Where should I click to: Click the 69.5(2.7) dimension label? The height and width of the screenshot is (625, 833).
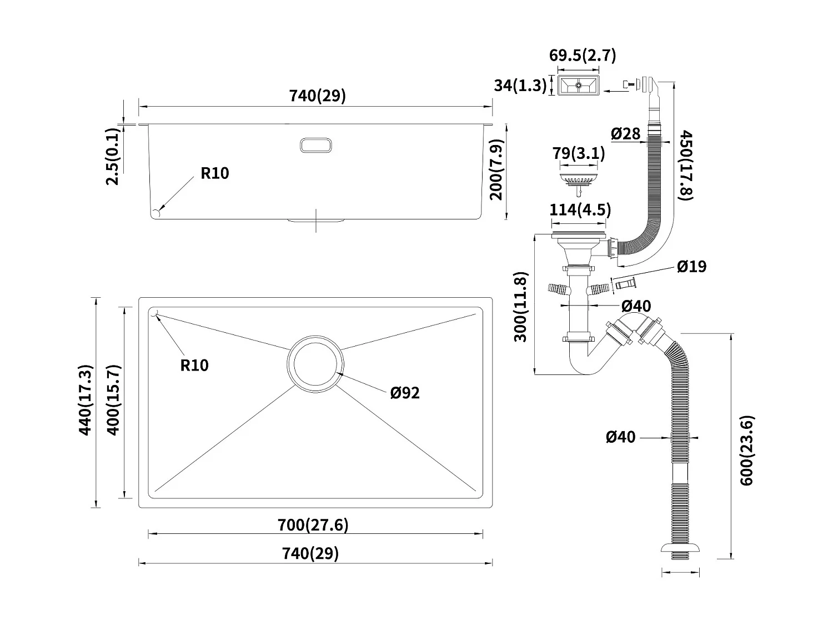tap(582, 56)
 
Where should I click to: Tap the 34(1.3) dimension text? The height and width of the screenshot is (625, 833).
tap(520, 86)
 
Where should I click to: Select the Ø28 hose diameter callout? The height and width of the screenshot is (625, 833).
tap(626, 133)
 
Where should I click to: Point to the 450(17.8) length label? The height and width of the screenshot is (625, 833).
tap(685, 166)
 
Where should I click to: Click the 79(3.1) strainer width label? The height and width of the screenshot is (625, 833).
tap(578, 153)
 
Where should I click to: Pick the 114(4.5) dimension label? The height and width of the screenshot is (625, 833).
tap(580, 209)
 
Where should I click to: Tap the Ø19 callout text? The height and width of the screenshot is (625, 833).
tap(691, 267)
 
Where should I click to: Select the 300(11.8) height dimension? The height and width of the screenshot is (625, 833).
tap(520, 307)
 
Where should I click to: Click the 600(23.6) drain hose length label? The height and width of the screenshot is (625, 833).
tap(747, 451)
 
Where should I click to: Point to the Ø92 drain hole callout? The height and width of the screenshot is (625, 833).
tap(405, 393)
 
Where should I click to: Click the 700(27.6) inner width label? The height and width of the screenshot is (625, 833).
tap(313, 525)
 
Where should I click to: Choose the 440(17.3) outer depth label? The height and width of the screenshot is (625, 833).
tap(85, 400)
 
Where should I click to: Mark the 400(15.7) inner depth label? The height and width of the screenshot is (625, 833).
tap(113, 400)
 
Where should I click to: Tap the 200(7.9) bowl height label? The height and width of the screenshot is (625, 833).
tap(496, 169)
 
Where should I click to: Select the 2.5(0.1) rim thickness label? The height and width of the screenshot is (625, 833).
tap(112, 156)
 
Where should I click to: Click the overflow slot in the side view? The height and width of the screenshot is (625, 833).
tap(316, 146)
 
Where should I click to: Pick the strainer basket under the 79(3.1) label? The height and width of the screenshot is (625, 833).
tap(579, 182)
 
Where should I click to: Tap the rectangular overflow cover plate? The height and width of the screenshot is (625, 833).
tap(578, 86)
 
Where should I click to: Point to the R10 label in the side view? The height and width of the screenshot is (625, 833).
tap(215, 173)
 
